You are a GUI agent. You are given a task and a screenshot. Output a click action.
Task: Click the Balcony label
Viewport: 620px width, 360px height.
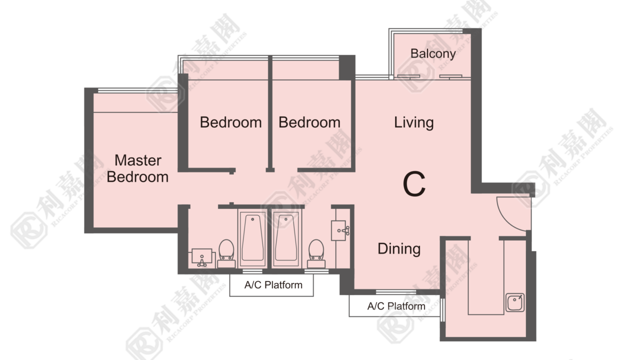click(433, 53)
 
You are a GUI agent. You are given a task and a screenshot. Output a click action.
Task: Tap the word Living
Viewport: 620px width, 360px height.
click(414, 122)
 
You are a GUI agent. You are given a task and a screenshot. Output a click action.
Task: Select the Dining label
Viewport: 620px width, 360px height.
click(399, 249)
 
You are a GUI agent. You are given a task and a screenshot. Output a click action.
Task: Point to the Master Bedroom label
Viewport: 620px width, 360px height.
click(137, 168)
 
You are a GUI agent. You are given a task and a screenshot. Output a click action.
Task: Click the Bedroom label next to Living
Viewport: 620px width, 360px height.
click(309, 122)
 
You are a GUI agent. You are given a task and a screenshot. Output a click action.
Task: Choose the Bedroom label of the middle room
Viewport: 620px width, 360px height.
click(231, 122)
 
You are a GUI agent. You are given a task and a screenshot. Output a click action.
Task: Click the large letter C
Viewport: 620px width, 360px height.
click(414, 183)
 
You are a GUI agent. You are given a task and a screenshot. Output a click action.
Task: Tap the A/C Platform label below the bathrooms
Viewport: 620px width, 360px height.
click(273, 285)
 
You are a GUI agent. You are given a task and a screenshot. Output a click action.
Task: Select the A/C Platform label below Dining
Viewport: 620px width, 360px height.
click(396, 306)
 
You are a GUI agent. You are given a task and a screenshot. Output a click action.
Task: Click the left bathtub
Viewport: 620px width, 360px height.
click(252, 238)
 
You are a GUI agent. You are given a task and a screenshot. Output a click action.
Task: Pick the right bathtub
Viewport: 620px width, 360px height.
click(286, 238)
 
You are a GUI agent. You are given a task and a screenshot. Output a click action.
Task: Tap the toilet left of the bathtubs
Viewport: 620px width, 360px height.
click(226, 253)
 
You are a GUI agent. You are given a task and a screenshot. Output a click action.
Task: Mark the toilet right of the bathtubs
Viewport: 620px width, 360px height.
click(316, 253)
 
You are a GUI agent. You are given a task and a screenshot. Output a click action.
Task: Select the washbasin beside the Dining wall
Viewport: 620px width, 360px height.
click(340, 230)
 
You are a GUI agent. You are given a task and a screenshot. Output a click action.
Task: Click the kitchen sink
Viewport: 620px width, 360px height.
click(515, 302)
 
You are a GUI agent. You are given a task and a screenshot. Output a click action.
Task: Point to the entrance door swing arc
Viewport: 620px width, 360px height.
click(508, 218)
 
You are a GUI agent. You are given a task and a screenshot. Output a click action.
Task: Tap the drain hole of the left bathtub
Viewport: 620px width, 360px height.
click(252, 219)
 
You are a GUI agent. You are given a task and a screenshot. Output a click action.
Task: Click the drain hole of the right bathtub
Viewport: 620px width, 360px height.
click(286, 219)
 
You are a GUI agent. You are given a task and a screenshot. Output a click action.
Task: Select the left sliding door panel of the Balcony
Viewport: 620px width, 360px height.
click(409, 76)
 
